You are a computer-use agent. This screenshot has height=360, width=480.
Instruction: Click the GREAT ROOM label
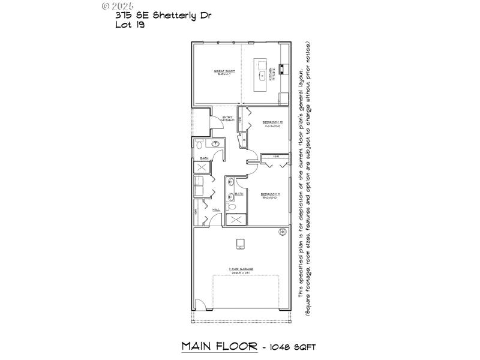tap(224, 72)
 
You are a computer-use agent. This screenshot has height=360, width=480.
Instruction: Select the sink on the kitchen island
tap(262, 76)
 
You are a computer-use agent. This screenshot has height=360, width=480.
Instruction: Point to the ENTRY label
tap(228, 118)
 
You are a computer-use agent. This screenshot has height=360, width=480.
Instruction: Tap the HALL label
tap(217, 209)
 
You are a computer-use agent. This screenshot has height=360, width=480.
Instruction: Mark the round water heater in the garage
tap(281, 232)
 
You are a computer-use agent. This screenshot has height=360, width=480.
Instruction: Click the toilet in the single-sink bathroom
tap(200, 144)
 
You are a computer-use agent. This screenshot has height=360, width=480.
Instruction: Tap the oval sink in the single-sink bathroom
tap(214, 144)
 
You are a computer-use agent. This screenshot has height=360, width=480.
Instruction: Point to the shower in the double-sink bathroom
tap(236, 219)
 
